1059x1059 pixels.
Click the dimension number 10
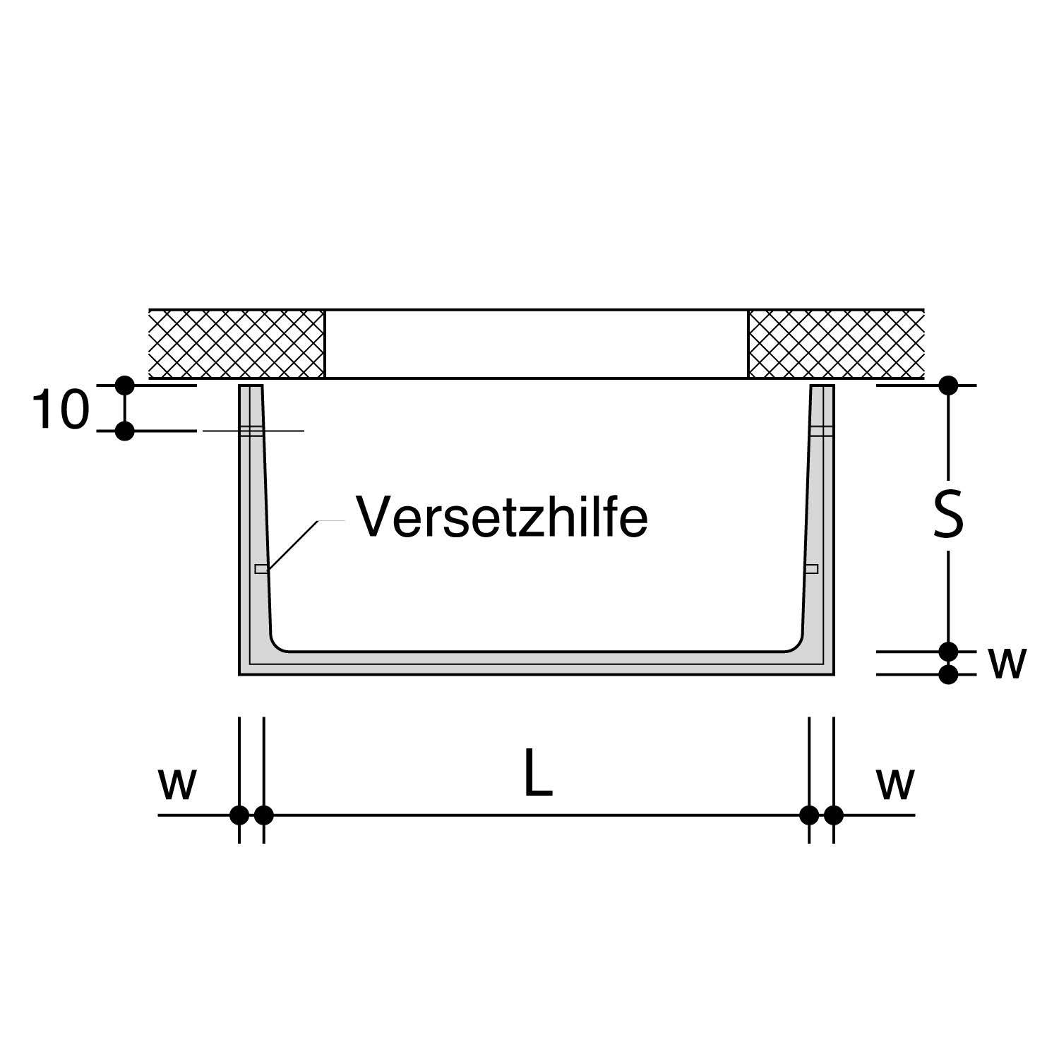[x=60, y=410]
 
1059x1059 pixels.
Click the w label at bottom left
[x=176, y=784]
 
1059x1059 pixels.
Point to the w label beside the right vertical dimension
[x=1007, y=663]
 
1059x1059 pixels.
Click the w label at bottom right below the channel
[x=895, y=784]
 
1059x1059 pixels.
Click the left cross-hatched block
[x=237, y=344]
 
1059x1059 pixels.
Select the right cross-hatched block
[x=836, y=344]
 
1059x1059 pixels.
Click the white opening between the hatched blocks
[x=536, y=344]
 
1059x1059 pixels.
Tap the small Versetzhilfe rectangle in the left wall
[x=261, y=569]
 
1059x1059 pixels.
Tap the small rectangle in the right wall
[x=811, y=569]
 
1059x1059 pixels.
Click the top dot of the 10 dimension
[x=125, y=385]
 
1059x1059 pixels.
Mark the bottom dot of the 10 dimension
[x=125, y=431]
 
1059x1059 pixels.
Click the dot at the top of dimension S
[x=949, y=385]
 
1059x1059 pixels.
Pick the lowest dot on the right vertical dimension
[x=949, y=674]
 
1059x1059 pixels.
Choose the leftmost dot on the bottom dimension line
[x=239, y=815]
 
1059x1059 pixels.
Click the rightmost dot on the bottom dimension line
[x=834, y=815]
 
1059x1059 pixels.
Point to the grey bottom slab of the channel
[x=537, y=663]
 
